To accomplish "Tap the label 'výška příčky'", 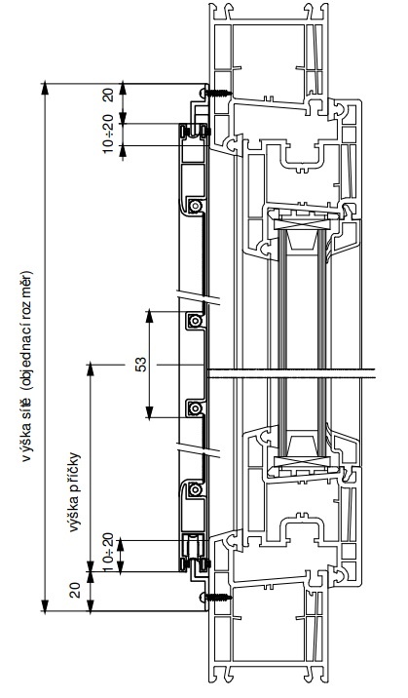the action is pyautogui.click(x=75, y=492).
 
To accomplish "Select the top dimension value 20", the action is pyautogui.click(x=109, y=96).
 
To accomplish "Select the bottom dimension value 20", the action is pyautogui.click(x=76, y=590).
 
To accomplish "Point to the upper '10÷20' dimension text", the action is pyautogui.click(x=109, y=133).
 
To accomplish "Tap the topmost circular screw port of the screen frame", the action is pyautogui.click(x=195, y=206).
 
